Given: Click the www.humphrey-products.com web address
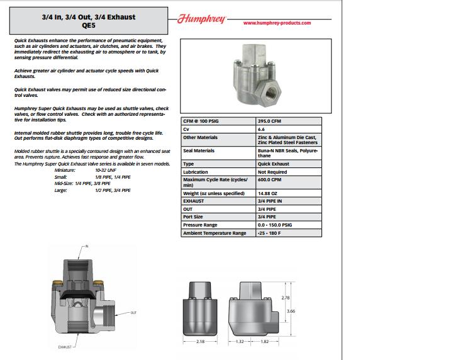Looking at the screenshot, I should [277, 23].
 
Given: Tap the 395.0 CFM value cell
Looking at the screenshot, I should [270, 120].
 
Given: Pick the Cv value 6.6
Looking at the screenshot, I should [262, 128].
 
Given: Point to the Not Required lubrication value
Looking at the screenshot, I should [273, 172].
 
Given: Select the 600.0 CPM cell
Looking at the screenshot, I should [271, 179].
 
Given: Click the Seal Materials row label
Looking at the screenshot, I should [199, 151].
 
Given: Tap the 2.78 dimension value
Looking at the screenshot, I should [286, 297].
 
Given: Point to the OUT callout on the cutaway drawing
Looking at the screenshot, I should [133, 312].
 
